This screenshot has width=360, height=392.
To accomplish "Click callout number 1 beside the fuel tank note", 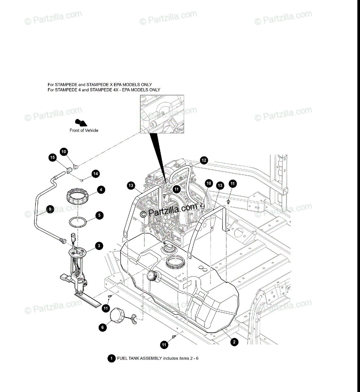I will [111, 358].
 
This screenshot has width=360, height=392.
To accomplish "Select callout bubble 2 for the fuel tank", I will [234, 342].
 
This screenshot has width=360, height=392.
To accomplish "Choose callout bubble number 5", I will [99, 215].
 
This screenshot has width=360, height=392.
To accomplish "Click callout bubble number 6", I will [102, 327].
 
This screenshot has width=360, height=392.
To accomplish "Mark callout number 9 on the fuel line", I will [50, 209].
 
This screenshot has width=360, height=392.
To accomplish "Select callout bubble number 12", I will [204, 160].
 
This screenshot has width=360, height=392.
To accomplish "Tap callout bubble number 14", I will [95, 173].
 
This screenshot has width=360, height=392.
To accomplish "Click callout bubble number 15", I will [52, 157].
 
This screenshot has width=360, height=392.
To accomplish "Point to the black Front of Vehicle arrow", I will [81, 123].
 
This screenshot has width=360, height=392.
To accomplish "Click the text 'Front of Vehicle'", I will [84, 130].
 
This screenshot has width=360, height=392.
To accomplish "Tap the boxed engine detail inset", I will [162, 114].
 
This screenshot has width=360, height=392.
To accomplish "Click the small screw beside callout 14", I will [83, 180].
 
